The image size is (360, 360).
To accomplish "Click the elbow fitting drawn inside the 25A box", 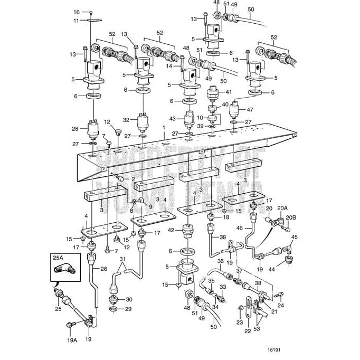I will tap(64, 270).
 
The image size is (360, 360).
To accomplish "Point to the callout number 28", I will tap(75, 129).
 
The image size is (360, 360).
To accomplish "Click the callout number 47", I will tap(250, 110).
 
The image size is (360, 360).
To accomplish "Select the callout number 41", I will tap(229, 92).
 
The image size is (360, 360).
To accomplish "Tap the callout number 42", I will tap(171, 230).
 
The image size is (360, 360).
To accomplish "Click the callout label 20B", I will tap(291, 217).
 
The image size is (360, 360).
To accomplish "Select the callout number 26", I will tap(103, 269).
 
